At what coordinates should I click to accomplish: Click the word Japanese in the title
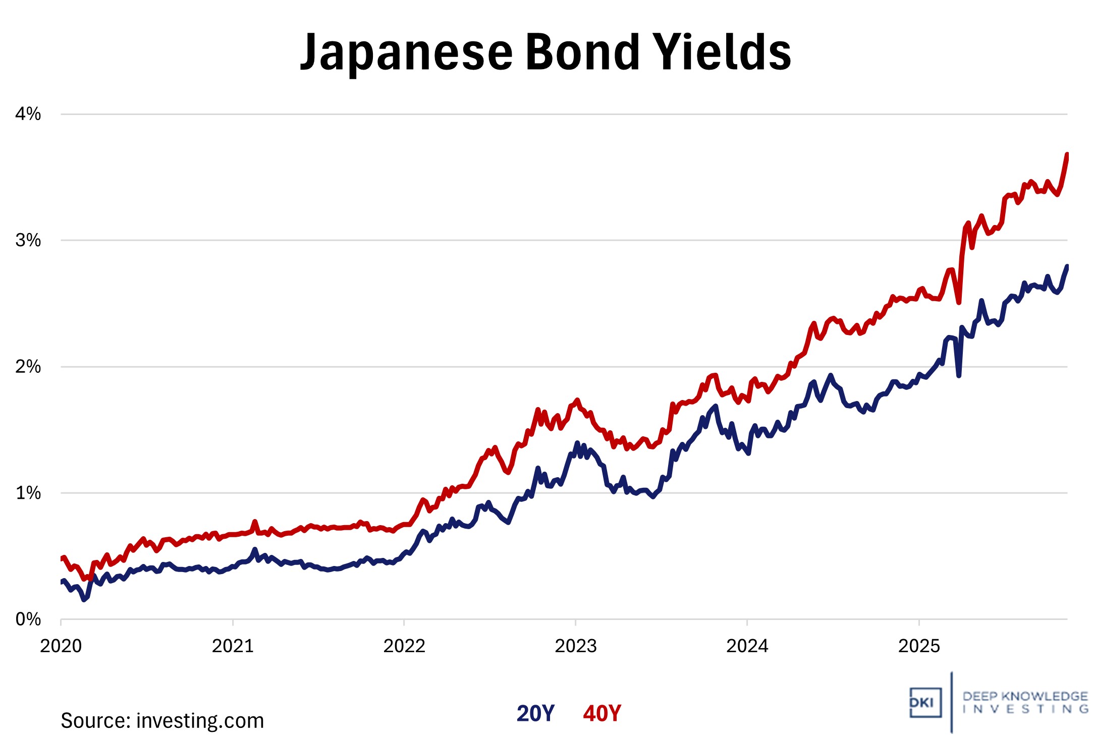coord(407,52)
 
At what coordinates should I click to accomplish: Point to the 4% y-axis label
coord(28,114)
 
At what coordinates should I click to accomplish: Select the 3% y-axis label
coord(28,240)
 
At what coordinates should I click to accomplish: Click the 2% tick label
coord(28,367)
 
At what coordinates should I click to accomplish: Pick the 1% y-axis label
coord(28,493)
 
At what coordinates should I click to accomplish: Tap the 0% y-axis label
coord(28,619)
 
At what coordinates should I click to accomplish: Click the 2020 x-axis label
coord(61,646)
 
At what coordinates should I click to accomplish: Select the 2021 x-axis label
coord(233,646)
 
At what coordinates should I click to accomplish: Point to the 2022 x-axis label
coord(404,646)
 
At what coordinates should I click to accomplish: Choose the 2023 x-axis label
coord(576,646)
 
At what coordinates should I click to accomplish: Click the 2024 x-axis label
coord(747,646)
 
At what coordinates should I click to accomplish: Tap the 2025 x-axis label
coord(919,646)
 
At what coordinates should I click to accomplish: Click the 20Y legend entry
coord(535,713)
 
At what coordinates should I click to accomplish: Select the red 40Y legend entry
coord(602,713)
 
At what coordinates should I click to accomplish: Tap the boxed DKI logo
coord(925,702)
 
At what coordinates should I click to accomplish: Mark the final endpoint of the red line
coord(1067,154)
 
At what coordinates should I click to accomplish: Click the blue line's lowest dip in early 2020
coord(84,600)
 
